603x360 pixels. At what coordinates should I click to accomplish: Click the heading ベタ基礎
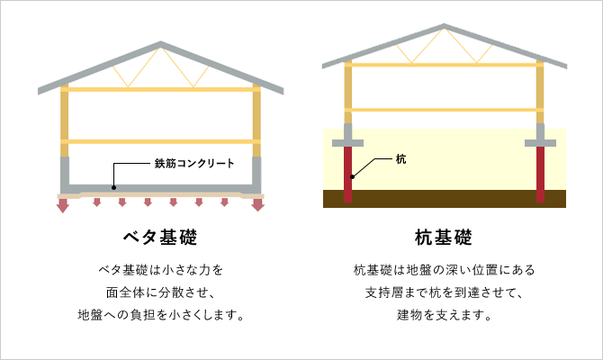click(160, 238)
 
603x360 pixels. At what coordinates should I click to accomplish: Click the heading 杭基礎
click(444, 238)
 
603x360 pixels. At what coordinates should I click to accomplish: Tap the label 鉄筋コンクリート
click(194, 164)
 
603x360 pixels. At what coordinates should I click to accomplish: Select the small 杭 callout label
click(400, 159)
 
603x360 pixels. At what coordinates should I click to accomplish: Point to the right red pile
click(540, 175)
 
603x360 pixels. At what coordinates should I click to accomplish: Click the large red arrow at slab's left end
click(63, 205)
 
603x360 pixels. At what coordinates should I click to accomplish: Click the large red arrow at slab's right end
click(257, 205)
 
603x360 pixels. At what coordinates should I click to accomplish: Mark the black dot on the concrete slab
click(113, 188)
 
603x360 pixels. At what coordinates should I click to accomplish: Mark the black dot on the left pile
click(352, 177)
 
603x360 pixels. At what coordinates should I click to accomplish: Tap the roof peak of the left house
click(161, 42)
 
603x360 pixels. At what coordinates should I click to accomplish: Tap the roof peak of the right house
click(445, 25)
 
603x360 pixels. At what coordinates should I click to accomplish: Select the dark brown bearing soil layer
click(445, 199)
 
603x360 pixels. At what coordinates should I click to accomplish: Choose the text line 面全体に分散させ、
click(160, 292)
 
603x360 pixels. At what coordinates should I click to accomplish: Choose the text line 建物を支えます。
click(445, 315)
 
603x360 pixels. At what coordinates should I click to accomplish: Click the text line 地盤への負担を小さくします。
click(161, 315)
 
